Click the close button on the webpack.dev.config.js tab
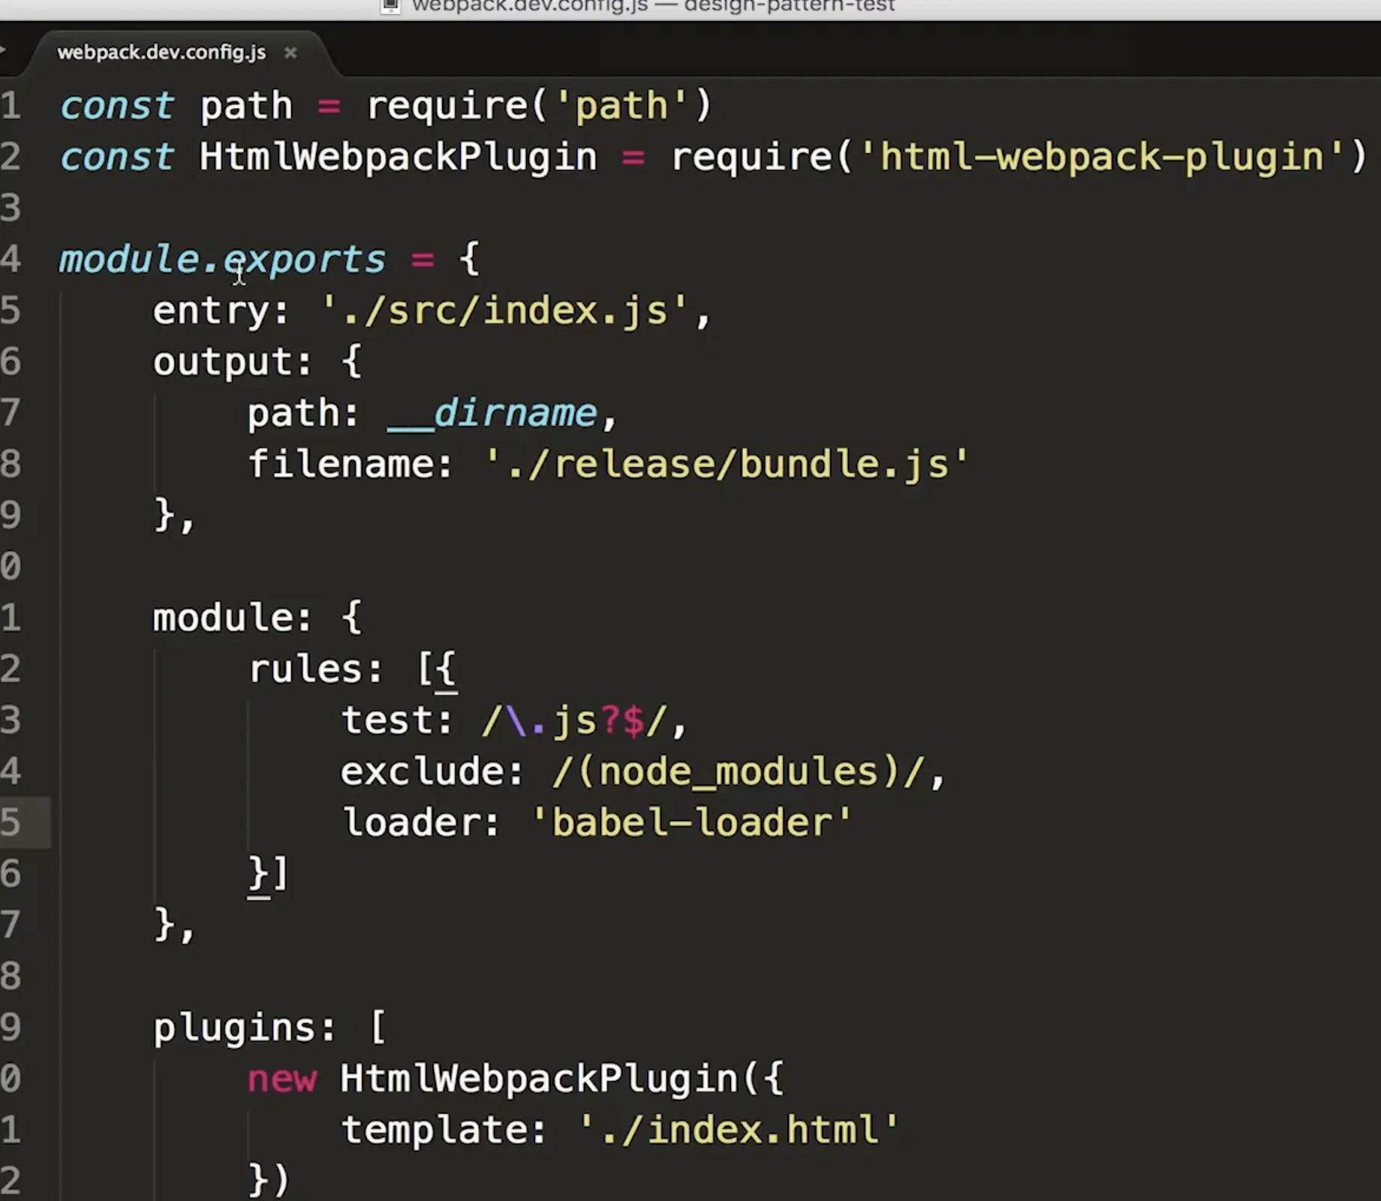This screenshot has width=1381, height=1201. pyautogui.click(x=290, y=53)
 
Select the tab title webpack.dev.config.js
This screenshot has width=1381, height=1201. pyautogui.click(x=161, y=53)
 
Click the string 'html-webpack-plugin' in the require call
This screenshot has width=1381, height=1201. pyautogui.click(x=1102, y=157)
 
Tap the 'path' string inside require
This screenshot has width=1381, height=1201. pyautogui.click(x=621, y=106)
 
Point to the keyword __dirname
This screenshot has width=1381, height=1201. pyautogui.click(x=492, y=413)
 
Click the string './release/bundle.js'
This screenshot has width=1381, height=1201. pyautogui.click(x=727, y=464)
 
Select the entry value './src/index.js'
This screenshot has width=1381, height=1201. pyautogui.click(x=504, y=310)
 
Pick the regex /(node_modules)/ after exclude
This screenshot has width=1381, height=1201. pyautogui.click(x=739, y=772)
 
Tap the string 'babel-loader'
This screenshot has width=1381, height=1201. pyautogui.click(x=692, y=823)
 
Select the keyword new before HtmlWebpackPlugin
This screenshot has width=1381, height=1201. pyautogui.click(x=282, y=1079)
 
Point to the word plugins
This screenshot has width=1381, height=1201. pyautogui.click(x=235, y=1028)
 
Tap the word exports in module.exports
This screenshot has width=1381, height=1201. pyautogui.click(x=305, y=260)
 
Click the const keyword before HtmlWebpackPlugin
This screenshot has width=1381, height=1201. pyautogui.click(x=117, y=157)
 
